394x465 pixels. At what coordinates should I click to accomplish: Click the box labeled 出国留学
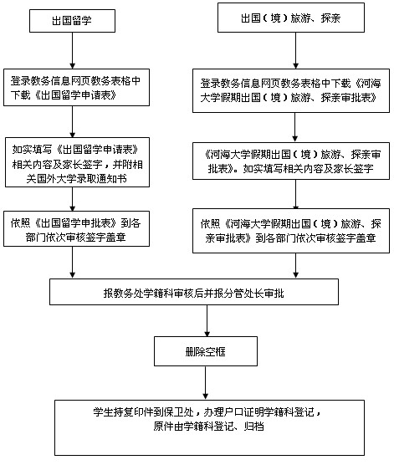click(x=72, y=21)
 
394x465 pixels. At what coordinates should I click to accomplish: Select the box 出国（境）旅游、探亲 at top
click(x=291, y=18)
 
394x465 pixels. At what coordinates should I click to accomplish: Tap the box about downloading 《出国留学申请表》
click(x=76, y=88)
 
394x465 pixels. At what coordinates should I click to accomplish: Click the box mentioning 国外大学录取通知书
click(x=77, y=162)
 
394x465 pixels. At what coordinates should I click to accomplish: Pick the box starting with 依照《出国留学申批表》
click(x=76, y=228)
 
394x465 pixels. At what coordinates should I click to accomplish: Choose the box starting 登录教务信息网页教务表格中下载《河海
click(x=291, y=91)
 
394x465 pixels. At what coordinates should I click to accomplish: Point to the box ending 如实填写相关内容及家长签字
click(x=291, y=161)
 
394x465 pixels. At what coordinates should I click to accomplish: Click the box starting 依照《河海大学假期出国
click(x=291, y=231)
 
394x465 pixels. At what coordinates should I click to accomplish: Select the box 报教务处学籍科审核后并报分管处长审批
click(x=194, y=292)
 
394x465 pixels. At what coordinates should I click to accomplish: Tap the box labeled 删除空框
click(x=205, y=351)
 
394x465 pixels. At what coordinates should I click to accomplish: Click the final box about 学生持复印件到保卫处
click(x=209, y=427)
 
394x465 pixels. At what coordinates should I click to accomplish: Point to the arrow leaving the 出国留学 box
click(x=72, y=51)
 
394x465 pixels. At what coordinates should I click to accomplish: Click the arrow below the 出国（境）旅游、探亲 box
click(x=295, y=51)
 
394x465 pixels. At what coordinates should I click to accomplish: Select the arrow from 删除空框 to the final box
click(x=205, y=383)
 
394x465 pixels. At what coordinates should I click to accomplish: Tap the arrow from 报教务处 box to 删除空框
click(x=207, y=320)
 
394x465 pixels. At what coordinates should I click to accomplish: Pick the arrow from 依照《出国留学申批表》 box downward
click(x=72, y=263)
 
